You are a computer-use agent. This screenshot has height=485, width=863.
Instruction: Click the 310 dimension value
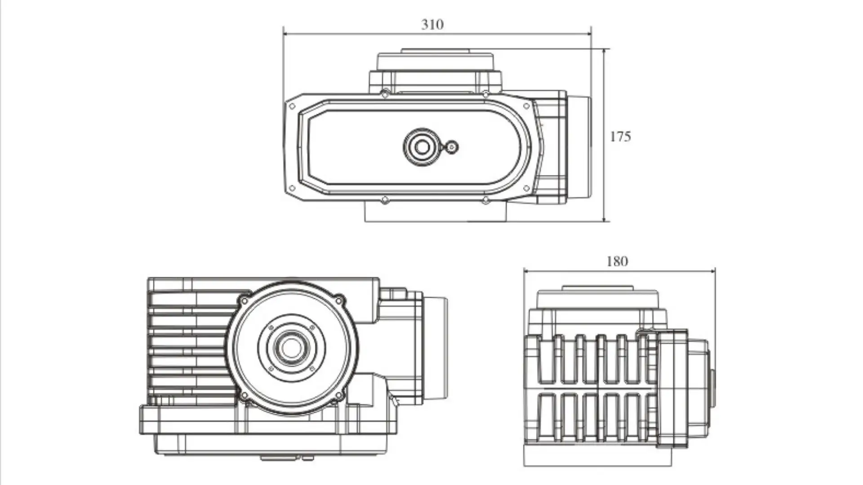(432, 24)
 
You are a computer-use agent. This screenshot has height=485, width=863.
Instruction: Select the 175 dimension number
(620, 136)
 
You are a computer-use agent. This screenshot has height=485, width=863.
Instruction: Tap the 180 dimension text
(617, 261)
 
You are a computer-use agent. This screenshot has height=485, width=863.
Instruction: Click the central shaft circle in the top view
(422, 147)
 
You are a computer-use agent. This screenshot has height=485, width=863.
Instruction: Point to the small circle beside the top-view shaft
(452, 147)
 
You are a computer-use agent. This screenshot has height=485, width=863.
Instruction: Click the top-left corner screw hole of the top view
(292, 107)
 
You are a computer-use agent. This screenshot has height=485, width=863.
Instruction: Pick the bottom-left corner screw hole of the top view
(292, 188)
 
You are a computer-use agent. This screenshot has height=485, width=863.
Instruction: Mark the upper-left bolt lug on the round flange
(244, 300)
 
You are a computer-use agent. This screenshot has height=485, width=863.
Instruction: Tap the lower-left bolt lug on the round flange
(244, 396)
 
